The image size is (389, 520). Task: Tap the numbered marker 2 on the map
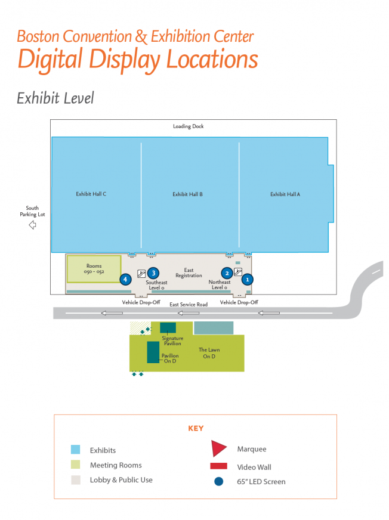point(227,273)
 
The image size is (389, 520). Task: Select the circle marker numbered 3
point(153,273)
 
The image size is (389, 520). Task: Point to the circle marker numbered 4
point(125,278)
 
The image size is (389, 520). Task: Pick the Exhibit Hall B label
point(188,194)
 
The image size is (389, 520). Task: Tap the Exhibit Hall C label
point(91,194)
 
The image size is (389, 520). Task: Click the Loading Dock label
point(189,126)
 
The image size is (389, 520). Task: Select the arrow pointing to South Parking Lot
point(32,225)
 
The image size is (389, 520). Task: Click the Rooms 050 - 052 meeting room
point(94,269)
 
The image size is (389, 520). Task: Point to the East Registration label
point(189,273)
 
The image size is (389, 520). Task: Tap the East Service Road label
point(189,305)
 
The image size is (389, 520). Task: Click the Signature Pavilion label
point(172,341)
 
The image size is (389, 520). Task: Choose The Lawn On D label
point(207,353)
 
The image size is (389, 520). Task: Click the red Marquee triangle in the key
point(218,448)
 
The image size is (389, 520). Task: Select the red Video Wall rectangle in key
point(218,466)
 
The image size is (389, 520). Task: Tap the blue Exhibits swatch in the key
point(75,450)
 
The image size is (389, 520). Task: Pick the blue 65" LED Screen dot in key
point(218,481)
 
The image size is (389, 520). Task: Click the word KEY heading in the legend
point(196,428)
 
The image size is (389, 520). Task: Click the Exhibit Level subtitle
point(55,97)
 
